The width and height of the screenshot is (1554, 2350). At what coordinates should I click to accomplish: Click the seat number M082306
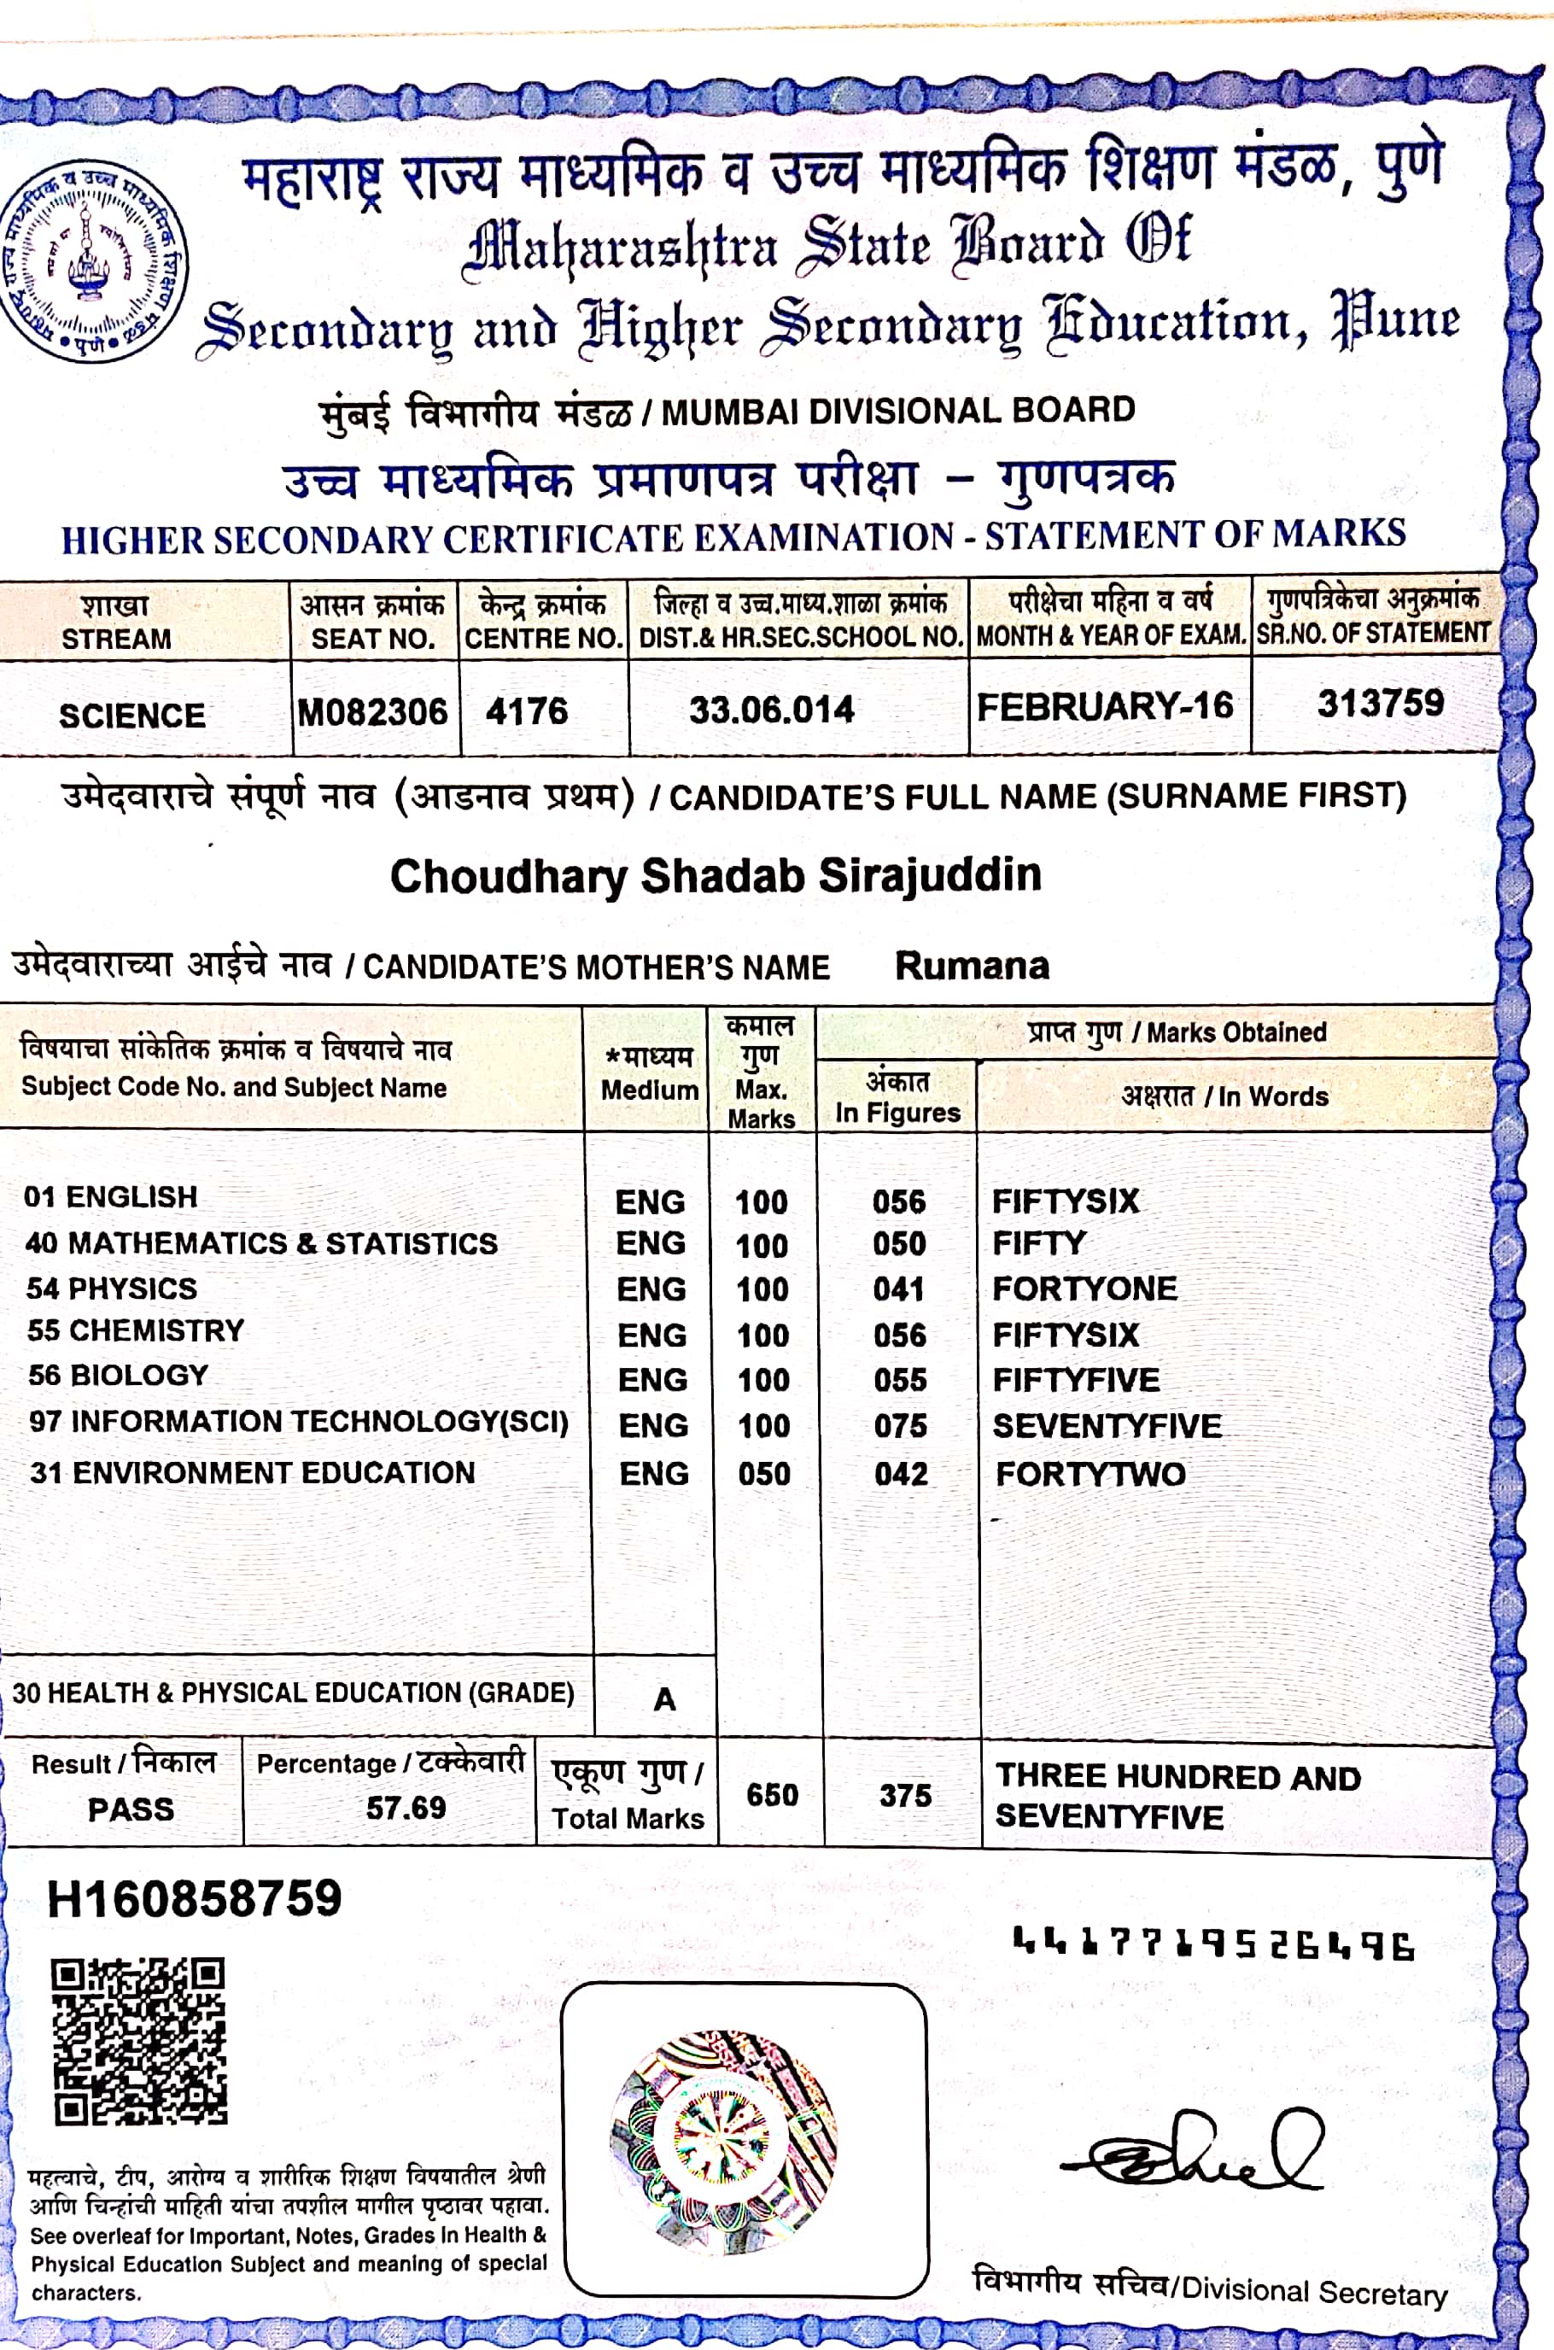point(372,711)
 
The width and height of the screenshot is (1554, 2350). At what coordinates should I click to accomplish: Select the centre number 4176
point(526,710)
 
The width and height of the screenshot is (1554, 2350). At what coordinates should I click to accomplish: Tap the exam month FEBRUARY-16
point(1104,707)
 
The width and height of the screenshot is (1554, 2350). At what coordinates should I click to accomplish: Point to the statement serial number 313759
point(1380,704)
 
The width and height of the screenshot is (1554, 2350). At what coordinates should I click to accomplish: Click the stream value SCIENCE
point(131,716)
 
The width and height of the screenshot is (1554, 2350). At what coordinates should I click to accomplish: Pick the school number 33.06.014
point(771,710)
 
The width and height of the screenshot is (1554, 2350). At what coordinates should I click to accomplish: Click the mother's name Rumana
point(972,966)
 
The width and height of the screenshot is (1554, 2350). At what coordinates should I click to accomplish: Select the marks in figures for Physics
point(899,1289)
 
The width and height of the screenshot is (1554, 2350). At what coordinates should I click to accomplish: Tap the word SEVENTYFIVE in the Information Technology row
point(1107,1425)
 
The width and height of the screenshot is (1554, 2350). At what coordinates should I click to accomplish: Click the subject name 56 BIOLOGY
point(119,1375)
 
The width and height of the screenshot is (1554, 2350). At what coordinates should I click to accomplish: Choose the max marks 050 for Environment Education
point(764,1474)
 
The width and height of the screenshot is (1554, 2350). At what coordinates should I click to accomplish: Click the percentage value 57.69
point(406,1808)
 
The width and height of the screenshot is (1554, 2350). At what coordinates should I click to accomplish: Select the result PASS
point(131,1809)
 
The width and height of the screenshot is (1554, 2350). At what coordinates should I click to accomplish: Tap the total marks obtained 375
point(905,1796)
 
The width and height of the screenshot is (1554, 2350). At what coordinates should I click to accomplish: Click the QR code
point(138,2041)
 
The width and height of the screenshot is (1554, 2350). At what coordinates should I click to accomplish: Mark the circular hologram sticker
point(724,2142)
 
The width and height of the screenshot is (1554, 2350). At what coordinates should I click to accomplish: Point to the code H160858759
point(195,1899)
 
